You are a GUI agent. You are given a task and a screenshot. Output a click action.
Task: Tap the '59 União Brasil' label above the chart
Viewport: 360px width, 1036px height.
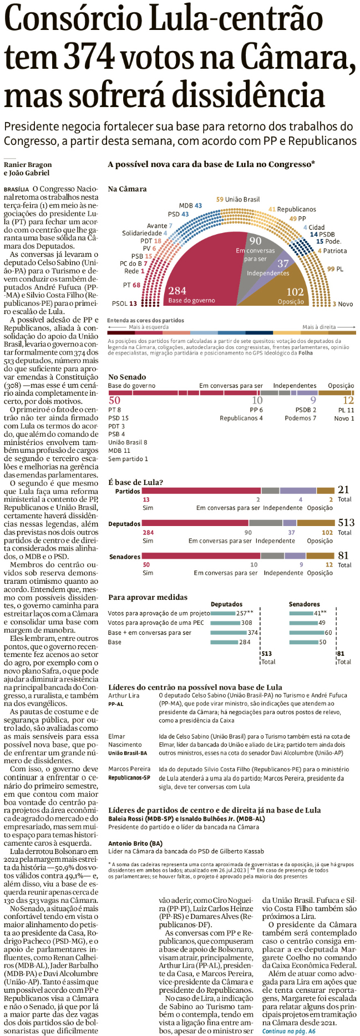(237, 199)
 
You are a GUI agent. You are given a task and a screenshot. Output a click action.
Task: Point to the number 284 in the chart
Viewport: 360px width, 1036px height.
(177, 291)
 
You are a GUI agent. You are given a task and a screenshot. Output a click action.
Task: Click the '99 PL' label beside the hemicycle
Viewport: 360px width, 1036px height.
(335, 269)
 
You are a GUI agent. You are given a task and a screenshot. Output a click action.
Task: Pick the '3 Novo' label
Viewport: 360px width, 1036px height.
(342, 304)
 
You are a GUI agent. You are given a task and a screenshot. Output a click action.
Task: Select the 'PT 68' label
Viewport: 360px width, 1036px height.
(131, 285)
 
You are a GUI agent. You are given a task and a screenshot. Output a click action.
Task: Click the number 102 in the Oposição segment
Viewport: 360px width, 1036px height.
(295, 292)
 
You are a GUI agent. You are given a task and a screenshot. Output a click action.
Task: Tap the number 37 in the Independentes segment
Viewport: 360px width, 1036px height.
(283, 264)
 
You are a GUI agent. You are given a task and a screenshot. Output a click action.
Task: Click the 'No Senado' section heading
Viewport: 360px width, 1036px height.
(127, 377)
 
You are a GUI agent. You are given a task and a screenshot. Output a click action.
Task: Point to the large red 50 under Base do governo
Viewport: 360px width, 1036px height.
(114, 400)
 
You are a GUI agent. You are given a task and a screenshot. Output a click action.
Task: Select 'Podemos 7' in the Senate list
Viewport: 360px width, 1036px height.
(300, 418)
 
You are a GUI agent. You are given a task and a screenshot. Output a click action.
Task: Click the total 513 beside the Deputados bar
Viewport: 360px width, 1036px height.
(346, 522)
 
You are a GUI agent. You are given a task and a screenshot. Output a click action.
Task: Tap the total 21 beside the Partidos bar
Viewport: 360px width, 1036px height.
(343, 489)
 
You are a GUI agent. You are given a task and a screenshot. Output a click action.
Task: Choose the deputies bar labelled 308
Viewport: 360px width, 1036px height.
(225, 623)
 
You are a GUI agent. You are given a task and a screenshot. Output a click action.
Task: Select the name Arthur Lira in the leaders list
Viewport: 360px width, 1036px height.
(124, 695)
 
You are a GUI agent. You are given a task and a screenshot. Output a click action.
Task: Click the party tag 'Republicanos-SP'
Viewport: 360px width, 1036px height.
(129, 777)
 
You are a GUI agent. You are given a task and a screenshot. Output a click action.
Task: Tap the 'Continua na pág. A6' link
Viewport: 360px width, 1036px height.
(288, 1031)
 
